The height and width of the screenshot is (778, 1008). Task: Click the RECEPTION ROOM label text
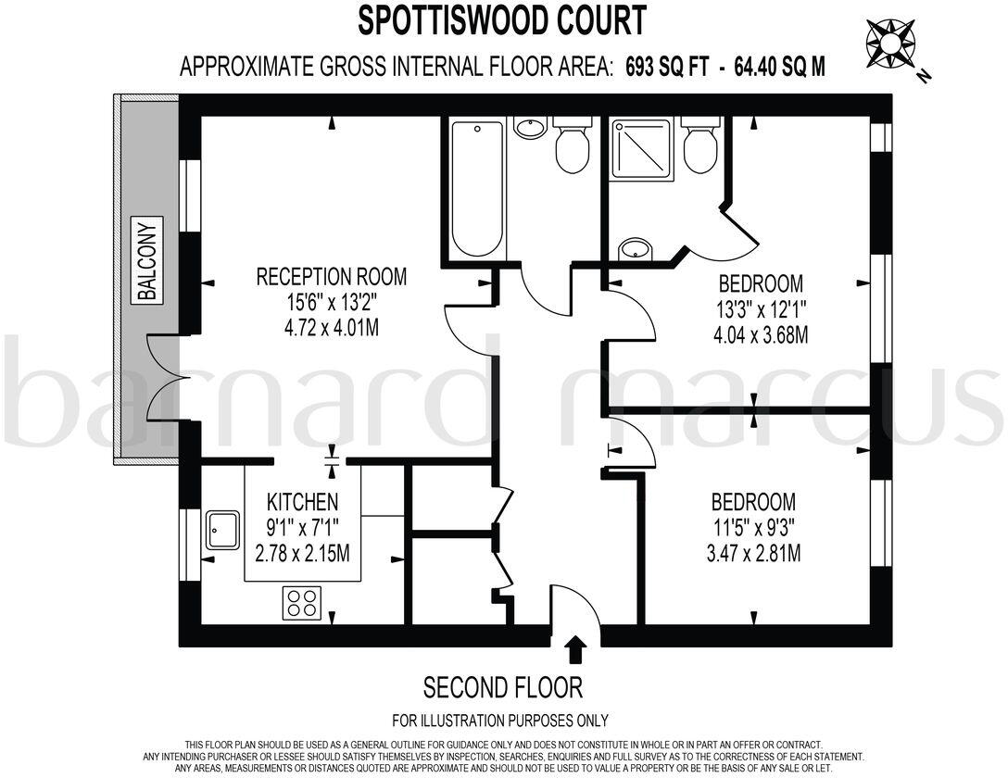click(x=331, y=276)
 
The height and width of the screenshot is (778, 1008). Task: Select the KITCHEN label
click(x=302, y=502)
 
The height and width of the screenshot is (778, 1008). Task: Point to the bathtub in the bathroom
click(x=478, y=189)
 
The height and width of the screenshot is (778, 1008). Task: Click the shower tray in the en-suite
click(x=639, y=146)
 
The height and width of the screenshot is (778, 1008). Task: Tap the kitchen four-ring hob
click(x=301, y=603)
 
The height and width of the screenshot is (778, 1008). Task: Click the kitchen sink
click(x=222, y=530)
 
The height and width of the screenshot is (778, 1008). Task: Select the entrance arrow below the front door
click(x=575, y=648)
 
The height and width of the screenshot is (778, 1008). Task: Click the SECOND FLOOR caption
click(x=503, y=687)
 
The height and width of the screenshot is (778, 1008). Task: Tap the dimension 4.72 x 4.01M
click(x=331, y=327)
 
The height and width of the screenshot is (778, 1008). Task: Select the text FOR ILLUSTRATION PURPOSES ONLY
click(x=500, y=721)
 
